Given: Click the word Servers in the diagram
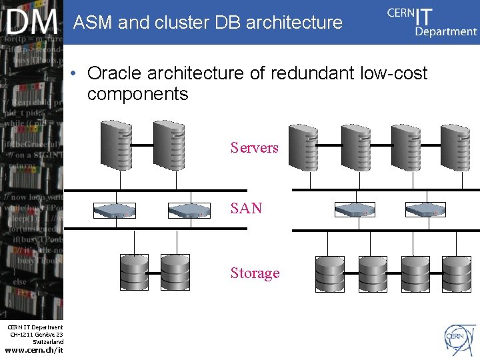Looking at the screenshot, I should click(254, 147).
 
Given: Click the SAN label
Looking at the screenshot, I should click(246, 208).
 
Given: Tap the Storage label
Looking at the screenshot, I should click(255, 273).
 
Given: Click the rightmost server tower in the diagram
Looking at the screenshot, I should click(457, 149).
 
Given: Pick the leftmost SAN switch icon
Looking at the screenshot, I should click(114, 211).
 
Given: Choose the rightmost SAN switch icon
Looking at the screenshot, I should click(425, 209).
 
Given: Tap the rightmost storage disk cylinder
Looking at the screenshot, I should click(456, 273).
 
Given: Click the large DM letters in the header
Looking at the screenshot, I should click(32, 23).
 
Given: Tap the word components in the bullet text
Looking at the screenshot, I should click(137, 94).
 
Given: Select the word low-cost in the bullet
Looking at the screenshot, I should click(393, 73).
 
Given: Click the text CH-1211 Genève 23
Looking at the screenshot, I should click(37, 334).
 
